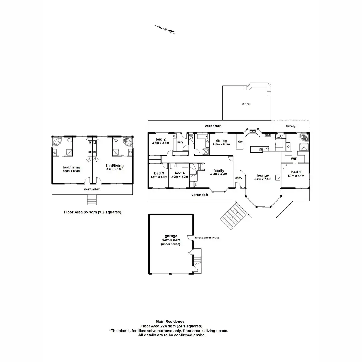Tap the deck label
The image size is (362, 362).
(x=246, y=104)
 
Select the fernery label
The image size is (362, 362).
(x=291, y=126)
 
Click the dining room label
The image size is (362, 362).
(x=221, y=141)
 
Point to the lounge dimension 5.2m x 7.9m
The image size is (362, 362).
(x=263, y=179)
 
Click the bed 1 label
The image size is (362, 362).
(x=296, y=172)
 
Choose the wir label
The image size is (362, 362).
(x=294, y=158)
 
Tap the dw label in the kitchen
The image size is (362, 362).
(x=240, y=141)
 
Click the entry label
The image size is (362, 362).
(x=239, y=178)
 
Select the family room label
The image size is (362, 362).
(x=219, y=171)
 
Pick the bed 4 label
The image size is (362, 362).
(x=179, y=173)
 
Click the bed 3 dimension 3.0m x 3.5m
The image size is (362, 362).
(x=159, y=177)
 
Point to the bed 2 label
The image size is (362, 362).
(x=159, y=139)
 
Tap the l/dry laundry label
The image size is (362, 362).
(x=180, y=142)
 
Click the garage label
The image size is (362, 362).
(x=171, y=236)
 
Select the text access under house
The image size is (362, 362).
(x=207, y=238)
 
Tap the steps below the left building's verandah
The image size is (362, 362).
(x=92, y=200)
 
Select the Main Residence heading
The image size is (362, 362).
(x=170, y=322)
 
